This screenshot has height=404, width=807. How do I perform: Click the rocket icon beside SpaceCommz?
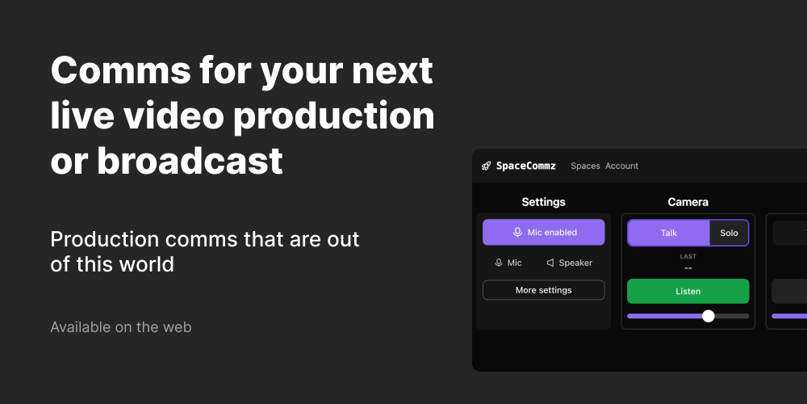(x=486, y=166)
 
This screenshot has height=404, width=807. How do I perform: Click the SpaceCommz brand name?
(x=525, y=166)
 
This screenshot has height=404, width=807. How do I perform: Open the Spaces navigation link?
(x=585, y=166)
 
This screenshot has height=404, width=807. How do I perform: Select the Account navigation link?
(x=621, y=166)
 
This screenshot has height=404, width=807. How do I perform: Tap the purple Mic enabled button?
(x=543, y=232)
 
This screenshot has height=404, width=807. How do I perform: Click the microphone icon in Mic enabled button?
(x=517, y=232)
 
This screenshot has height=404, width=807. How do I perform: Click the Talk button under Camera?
(x=669, y=233)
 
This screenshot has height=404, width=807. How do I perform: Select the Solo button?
(x=729, y=233)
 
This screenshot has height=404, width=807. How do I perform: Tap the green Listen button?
(x=688, y=291)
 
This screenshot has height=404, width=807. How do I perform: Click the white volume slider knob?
(x=709, y=316)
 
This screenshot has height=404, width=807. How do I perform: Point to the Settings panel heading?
(x=543, y=202)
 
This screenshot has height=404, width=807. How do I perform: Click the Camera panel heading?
(x=688, y=202)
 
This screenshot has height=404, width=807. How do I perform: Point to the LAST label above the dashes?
(x=688, y=257)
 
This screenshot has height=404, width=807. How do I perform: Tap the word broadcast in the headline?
(x=190, y=161)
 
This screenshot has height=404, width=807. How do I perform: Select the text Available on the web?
(x=120, y=327)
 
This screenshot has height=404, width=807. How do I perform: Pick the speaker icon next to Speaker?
(x=550, y=263)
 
